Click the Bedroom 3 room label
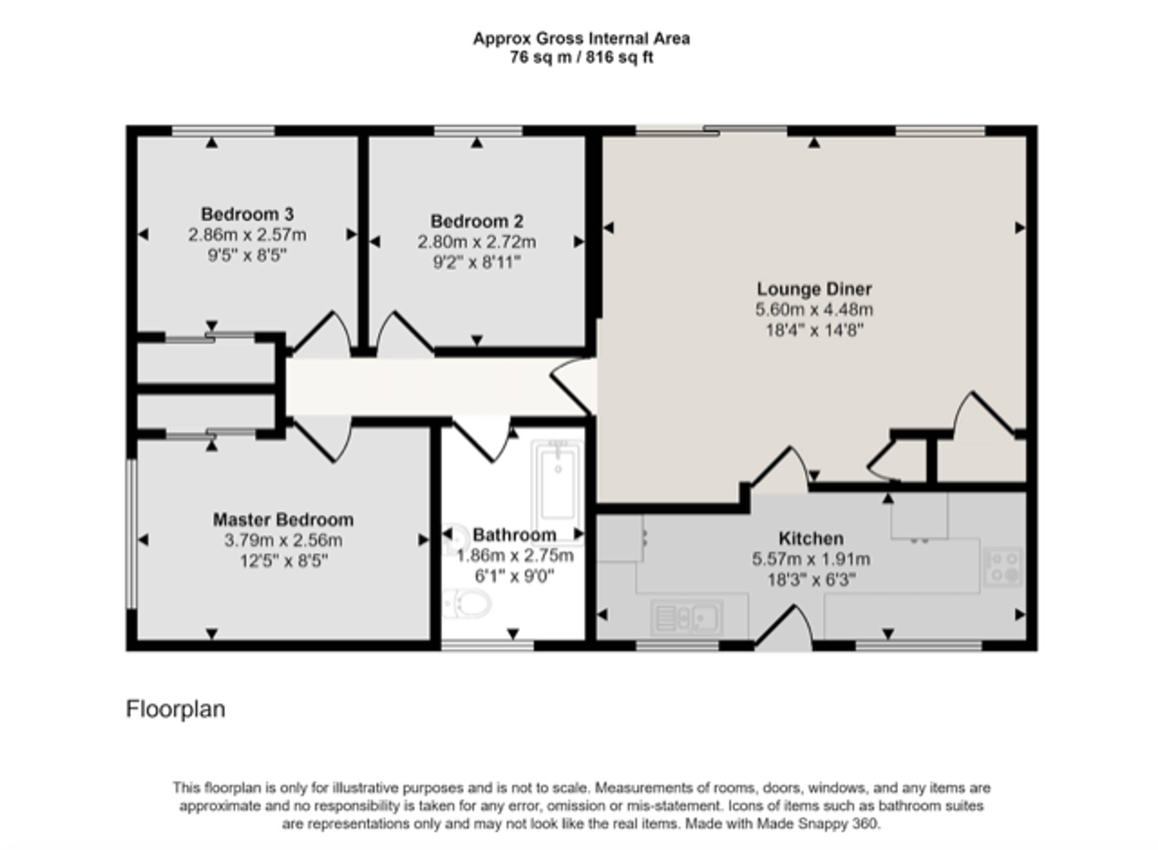point(247,214)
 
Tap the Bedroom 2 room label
point(476,221)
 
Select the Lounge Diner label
point(814,289)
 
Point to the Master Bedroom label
point(283,520)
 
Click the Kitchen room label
point(811,538)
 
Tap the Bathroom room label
point(514,535)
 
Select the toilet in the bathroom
point(467,603)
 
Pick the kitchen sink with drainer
point(687,617)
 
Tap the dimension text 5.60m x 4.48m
point(814,310)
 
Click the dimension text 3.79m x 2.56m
point(283,540)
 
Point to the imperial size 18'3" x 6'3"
point(811,580)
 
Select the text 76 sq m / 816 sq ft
point(581,57)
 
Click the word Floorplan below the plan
point(176,709)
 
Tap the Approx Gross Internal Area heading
point(581,39)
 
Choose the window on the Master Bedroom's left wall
point(132,534)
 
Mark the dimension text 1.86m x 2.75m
point(515,556)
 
